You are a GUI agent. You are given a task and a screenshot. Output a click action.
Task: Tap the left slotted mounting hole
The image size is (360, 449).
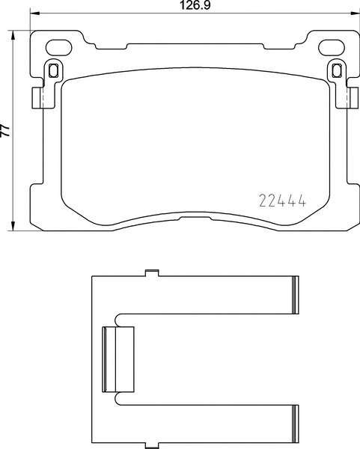pos(53,71)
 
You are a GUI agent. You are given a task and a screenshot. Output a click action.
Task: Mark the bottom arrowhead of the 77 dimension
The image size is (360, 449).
pos(15,227)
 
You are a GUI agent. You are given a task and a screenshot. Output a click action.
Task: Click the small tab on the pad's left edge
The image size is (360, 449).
pos(36,98)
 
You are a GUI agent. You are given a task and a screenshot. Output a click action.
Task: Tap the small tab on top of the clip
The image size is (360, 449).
pos(151,272)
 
